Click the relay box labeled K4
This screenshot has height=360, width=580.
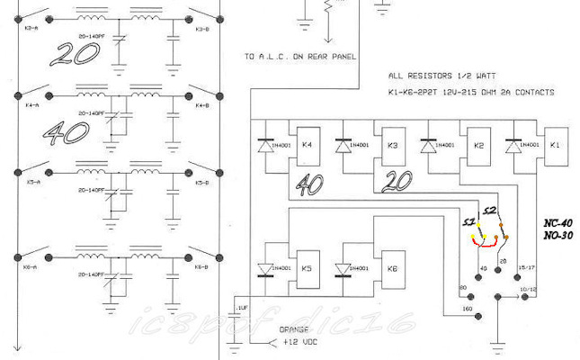pos(308,145)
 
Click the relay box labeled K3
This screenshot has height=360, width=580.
pos(392,145)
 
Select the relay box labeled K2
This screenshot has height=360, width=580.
pos(477,145)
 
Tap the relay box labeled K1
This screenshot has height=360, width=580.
pos(554,145)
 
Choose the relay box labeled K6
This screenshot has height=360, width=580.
pos(392,267)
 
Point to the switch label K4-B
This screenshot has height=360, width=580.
pos(202,106)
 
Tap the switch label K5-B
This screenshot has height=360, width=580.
pos(202,181)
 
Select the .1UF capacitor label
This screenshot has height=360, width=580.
pos(240,309)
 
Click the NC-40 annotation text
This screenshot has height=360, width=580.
pos(560,222)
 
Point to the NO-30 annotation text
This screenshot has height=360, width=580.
pos(560,235)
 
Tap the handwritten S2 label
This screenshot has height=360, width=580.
pos(491,211)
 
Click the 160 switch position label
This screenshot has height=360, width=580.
pos(467,310)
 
